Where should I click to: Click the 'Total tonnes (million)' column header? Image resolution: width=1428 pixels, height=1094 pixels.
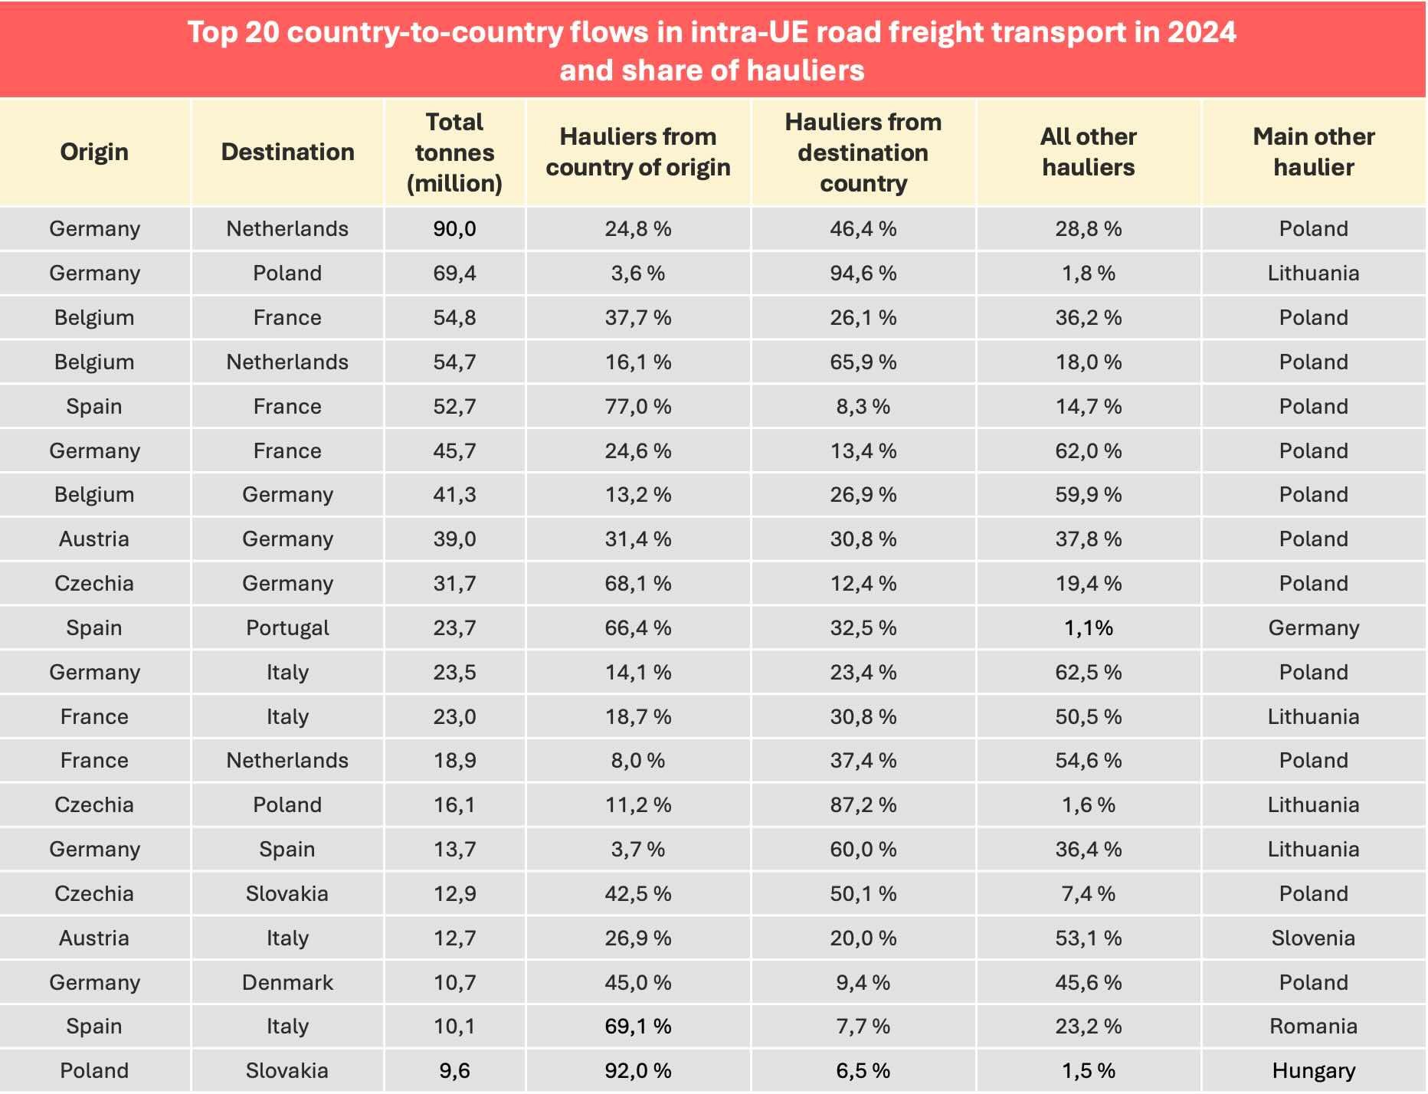pyautogui.click(x=454, y=152)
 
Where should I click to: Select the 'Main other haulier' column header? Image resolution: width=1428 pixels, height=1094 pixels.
pyautogui.click(x=1313, y=152)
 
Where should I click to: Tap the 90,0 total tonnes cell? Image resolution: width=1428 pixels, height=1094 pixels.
pyautogui.click(x=454, y=228)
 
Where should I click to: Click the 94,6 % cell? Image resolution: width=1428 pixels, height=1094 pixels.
pyautogui.click(x=863, y=273)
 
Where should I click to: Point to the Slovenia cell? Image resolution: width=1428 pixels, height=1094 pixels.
pyautogui.click(x=1313, y=938)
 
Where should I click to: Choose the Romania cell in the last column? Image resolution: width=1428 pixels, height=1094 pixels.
pyautogui.click(x=1313, y=1026)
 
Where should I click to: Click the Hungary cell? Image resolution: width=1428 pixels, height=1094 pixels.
pyautogui.click(x=1313, y=1070)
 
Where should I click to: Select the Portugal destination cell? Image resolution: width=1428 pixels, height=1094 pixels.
pyautogui.click(x=287, y=627)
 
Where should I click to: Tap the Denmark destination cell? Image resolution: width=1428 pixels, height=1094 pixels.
pyautogui.click(x=287, y=982)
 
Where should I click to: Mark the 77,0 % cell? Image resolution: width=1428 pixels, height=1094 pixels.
pyautogui.click(x=637, y=406)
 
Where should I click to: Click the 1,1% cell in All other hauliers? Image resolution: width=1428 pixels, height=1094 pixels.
pyautogui.click(x=1088, y=627)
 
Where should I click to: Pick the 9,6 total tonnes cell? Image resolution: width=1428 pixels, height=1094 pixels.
pyautogui.click(x=454, y=1070)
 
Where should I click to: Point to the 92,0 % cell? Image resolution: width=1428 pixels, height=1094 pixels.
pyautogui.click(x=637, y=1070)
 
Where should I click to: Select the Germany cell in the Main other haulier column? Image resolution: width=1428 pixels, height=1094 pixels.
pyautogui.click(x=1313, y=627)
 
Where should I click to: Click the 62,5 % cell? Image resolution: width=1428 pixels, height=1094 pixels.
pyautogui.click(x=1088, y=672)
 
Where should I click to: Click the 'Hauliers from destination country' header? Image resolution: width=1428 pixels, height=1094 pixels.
pyautogui.click(x=863, y=152)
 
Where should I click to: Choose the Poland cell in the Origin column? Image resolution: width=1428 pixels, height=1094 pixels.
pyautogui.click(x=94, y=1070)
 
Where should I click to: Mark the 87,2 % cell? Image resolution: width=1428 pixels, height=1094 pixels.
pyautogui.click(x=863, y=804)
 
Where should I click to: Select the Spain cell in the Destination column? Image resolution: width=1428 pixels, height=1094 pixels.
pyautogui.click(x=287, y=849)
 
